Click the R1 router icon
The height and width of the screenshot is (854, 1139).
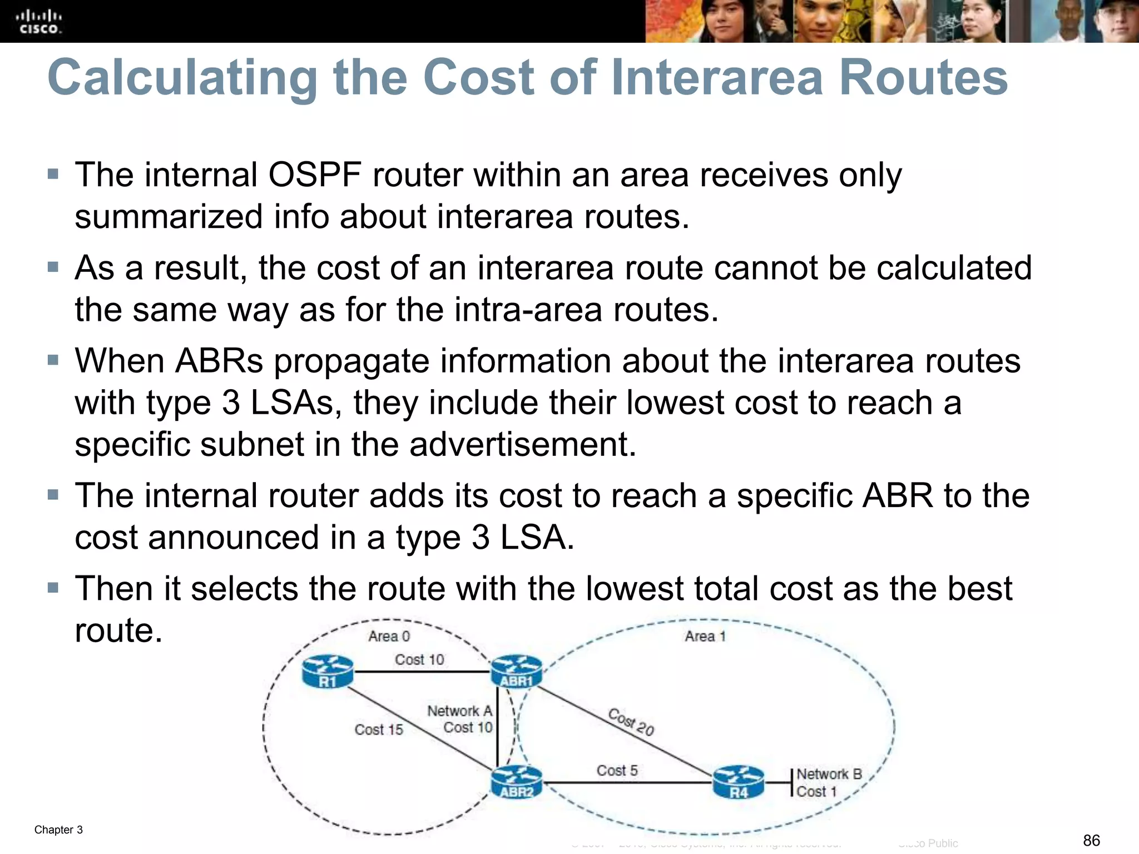pos(328,672)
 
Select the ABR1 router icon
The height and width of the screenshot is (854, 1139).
pos(516,672)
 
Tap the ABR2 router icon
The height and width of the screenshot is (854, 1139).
pos(516,782)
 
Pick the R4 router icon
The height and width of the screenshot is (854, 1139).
pos(739,782)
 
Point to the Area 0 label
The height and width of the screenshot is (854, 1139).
pos(389,636)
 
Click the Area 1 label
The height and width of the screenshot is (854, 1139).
pos(705,636)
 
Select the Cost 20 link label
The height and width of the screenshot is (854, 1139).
pos(631,722)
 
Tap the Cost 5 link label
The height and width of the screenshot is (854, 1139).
pos(617,770)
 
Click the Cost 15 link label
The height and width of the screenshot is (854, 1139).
pos(379,729)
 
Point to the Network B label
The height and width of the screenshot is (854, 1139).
pos(829,774)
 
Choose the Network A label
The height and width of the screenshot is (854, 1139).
pos(459,711)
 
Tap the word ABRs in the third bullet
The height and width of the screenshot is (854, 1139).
pos(219,361)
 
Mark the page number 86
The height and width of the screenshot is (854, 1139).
pos(1091,840)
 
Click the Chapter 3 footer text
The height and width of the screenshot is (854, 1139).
pos(58,830)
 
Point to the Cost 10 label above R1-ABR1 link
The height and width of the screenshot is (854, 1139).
pos(419,659)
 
